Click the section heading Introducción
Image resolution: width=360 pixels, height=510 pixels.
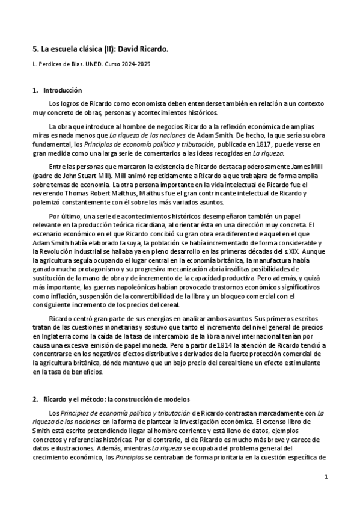click(x=62, y=90)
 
